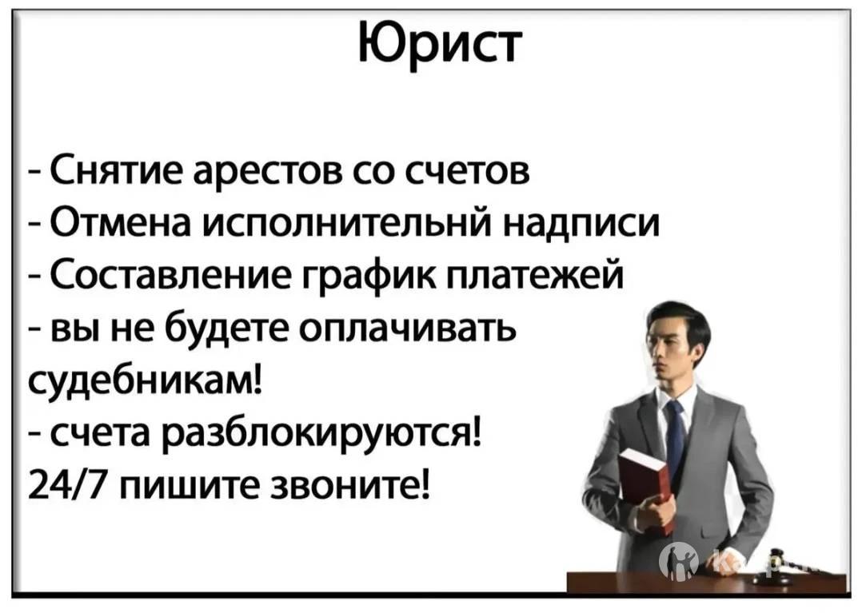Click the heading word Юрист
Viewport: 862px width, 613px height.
pos(439,43)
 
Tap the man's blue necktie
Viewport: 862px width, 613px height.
pos(674,433)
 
